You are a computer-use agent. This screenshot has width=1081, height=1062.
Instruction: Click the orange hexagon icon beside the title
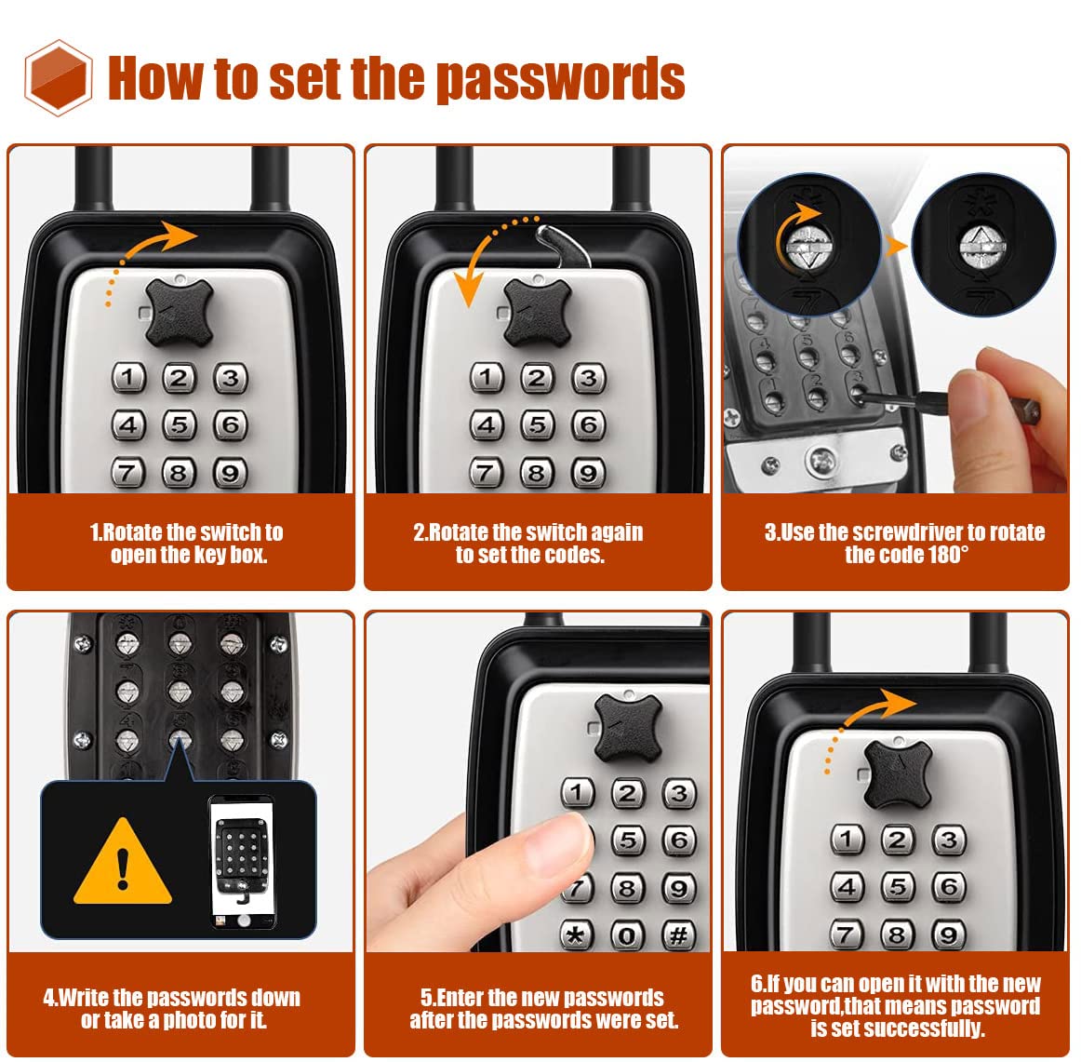click(58, 78)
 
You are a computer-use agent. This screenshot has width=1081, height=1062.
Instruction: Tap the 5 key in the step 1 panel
click(180, 424)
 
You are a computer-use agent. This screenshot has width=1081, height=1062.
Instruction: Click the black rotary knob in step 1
click(180, 313)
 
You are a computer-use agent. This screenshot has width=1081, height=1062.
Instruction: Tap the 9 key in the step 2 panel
click(588, 473)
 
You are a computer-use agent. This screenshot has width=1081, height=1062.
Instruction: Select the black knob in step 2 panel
click(538, 312)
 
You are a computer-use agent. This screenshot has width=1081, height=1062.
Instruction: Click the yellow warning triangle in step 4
click(123, 862)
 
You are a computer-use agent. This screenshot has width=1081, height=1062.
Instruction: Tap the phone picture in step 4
click(242, 862)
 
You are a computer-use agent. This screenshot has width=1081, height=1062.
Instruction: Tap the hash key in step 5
click(678, 935)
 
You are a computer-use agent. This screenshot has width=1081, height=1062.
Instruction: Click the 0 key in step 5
click(627, 935)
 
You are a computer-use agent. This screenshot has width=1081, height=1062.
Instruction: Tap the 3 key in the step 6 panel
click(949, 840)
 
